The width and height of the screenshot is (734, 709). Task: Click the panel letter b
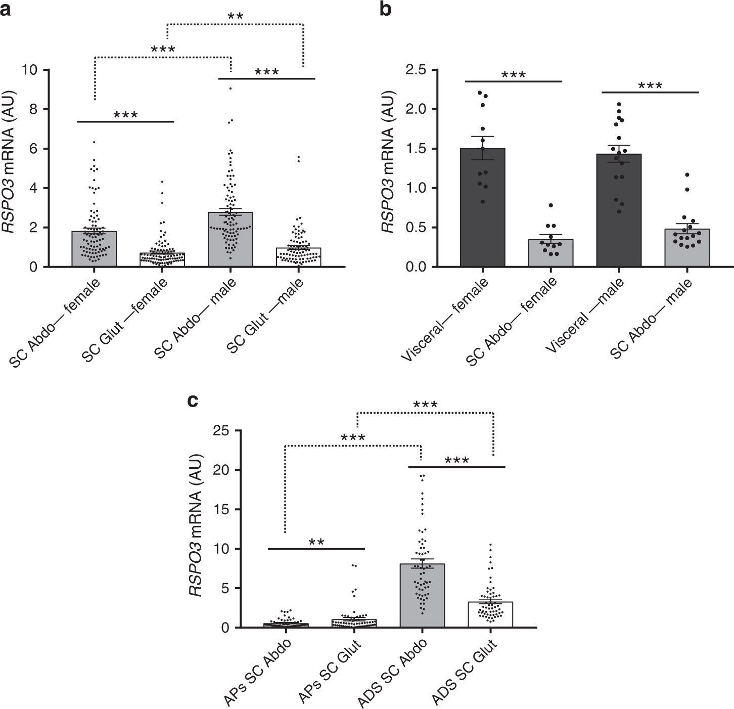click(385, 9)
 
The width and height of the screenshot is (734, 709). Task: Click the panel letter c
click(192, 401)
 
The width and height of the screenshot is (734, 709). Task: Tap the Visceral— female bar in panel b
click(483, 207)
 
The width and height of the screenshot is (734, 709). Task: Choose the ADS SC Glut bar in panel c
click(491, 614)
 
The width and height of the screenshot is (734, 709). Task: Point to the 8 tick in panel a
click(44, 109)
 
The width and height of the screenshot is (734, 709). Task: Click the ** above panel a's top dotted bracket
click(235, 16)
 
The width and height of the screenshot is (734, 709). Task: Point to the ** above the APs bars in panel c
click(316, 542)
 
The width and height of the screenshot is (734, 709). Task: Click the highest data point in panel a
click(231, 88)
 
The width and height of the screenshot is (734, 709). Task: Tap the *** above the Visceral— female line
click(514, 75)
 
